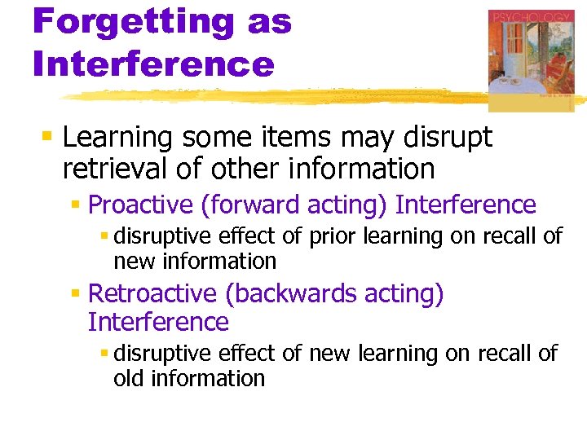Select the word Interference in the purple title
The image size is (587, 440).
153,64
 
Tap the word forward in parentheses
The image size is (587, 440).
249,205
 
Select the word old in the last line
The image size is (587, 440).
128,379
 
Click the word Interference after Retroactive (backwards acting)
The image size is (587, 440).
158,322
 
